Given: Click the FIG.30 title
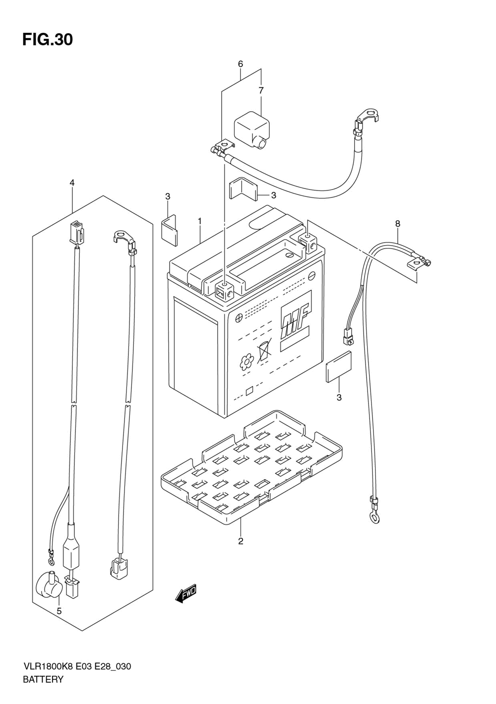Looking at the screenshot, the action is pyautogui.click(x=48, y=40).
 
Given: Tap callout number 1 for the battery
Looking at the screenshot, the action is pyautogui.click(x=199, y=222).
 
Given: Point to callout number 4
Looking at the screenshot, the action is pyautogui.click(x=72, y=182).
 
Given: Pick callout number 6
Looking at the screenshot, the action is pyautogui.click(x=240, y=64).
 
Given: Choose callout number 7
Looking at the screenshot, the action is pyautogui.click(x=261, y=90).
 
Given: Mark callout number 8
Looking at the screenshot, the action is pyautogui.click(x=398, y=223).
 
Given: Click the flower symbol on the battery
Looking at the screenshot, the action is pyautogui.click(x=247, y=362).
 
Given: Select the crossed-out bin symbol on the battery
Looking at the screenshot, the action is pyautogui.click(x=264, y=351).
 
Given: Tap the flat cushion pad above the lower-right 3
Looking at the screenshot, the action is pyautogui.click(x=339, y=367).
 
